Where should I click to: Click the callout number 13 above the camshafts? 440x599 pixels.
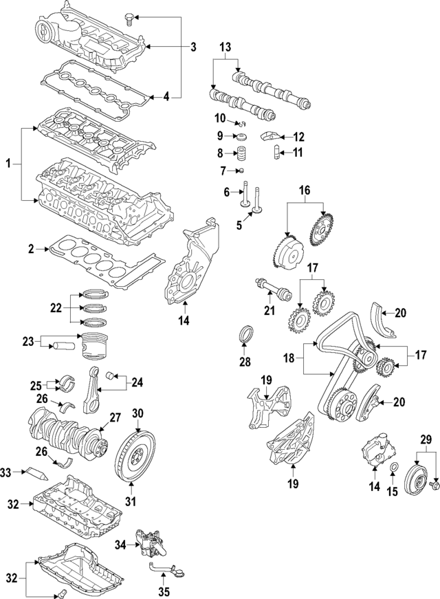225,47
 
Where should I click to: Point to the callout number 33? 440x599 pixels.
6,472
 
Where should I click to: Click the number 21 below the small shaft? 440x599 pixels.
269,311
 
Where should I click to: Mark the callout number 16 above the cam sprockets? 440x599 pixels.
304,190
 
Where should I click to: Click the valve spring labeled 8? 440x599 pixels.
241,153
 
